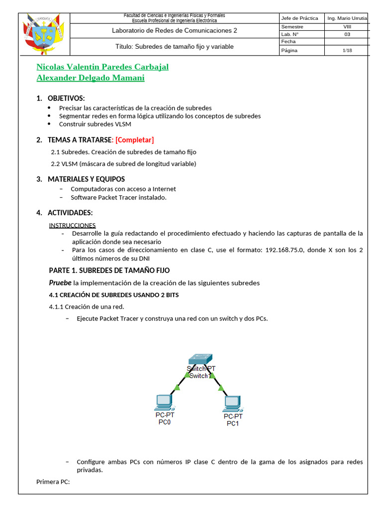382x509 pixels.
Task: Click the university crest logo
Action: [44, 34]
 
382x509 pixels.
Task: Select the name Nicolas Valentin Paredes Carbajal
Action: [102, 67]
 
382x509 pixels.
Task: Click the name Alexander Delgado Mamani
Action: [91, 78]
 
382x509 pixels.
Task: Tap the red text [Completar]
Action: [135, 140]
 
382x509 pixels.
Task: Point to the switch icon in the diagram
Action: [200, 359]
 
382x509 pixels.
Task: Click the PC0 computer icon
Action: [163, 401]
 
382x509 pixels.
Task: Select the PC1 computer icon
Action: [232, 403]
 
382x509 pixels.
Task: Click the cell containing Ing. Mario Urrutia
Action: [347, 18]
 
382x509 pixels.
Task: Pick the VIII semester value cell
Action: [347, 27]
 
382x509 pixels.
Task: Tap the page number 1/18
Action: [347, 50]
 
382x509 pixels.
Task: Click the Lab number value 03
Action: [347, 34]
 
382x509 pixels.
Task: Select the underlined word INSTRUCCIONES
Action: [72, 225]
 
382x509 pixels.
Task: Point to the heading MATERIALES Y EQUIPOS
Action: [86, 179]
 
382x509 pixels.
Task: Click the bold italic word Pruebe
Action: [60, 283]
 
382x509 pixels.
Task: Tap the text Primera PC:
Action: [53, 482]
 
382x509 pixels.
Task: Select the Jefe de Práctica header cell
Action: [299, 18]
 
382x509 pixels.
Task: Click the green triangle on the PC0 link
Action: [176, 387]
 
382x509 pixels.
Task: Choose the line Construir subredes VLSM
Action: [95, 124]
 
